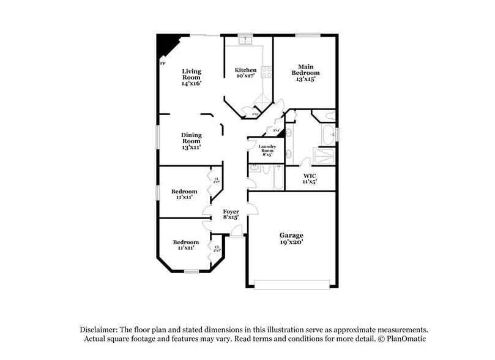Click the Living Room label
pos(192,78)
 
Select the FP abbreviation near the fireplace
pos(163,63)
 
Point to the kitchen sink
pos(244,42)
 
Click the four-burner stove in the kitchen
pos(266,70)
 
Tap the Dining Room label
pos(192,141)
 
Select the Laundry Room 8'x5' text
pos(267,150)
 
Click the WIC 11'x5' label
pos(310,178)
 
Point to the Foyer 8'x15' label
pos(231,214)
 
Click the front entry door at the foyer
pos(236,232)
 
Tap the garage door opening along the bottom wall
pos(291,283)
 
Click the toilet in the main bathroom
pos(328,114)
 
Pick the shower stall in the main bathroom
pos(324,156)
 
